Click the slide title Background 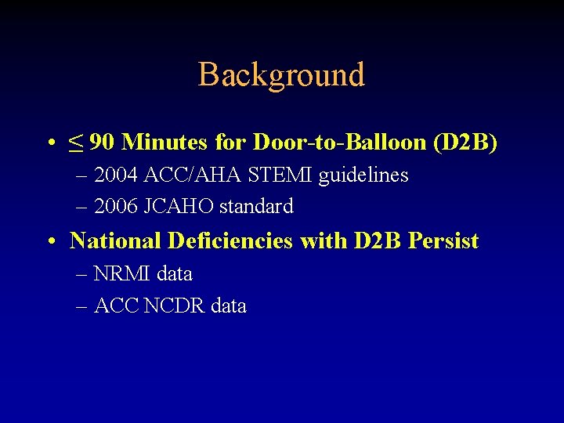pyautogui.click(x=281, y=75)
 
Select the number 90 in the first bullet pyautogui.click(x=102, y=143)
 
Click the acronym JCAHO pyautogui.click(x=182, y=207)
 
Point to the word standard pyautogui.click(x=256, y=207)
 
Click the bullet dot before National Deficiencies pyautogui.click(x=49, y=242)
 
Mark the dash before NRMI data pyautogui.click(x=83, y=275)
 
